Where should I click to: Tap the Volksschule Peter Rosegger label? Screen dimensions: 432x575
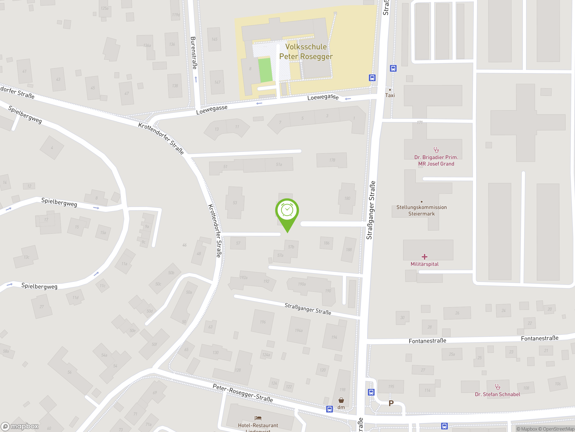(306, 52)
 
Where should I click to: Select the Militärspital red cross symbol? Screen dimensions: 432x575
(425, 257)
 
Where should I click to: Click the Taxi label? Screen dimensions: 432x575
(390, 95)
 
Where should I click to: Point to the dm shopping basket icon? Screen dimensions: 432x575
(341, 400)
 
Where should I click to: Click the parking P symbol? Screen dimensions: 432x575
(391, 403)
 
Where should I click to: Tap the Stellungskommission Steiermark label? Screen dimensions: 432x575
(421, 210)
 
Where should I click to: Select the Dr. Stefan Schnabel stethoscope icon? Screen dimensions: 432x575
(498, 387)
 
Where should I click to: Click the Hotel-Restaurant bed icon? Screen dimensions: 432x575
(258, 418)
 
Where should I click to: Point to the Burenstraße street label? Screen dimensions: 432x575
(194, 53)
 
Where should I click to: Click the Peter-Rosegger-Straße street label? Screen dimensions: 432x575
(243, 393)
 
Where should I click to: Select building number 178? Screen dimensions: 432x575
(332, 160)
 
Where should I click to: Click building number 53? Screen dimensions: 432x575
(235, 202)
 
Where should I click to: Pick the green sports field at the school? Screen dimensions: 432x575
(265, 70)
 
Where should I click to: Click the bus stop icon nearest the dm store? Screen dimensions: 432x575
(329, 409)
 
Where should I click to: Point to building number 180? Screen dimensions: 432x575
(347, 198)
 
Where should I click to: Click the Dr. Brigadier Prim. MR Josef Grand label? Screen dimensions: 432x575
(436, 160)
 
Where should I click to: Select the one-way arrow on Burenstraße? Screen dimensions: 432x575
(196, 79)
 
